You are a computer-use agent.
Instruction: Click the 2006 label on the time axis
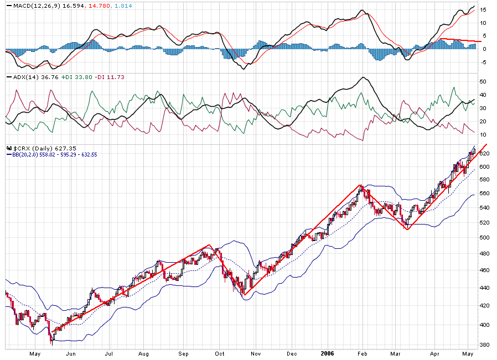328,353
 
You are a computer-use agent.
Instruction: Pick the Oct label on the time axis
220,353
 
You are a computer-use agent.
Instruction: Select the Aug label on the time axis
144,353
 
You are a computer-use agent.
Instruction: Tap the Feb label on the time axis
363,353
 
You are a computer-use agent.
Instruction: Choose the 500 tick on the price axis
484,238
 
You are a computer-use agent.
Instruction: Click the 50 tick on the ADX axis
483,82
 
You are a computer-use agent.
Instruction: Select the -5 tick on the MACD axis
483,62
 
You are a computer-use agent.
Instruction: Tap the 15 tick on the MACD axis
483,10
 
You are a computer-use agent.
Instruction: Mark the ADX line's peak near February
363,78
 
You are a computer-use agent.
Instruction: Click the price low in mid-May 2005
52,343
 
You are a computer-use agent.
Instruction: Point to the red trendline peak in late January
361,185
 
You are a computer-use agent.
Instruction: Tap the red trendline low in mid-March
408,229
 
